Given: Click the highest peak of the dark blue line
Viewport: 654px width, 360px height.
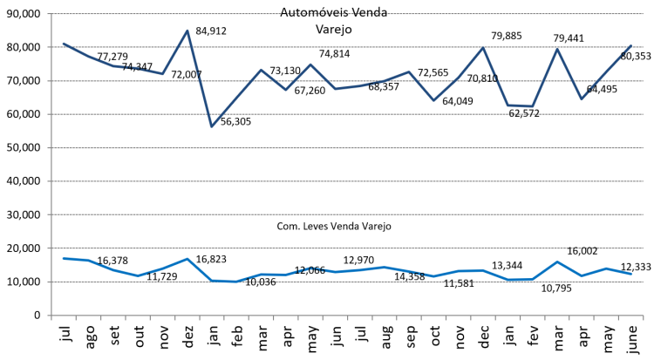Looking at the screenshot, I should pyautogui.click(x=187, y=31).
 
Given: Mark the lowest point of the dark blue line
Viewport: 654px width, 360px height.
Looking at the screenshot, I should pyautogui.click(x=211, y=126).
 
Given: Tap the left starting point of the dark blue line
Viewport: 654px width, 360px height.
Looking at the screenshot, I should pyautogui.click(x=63, y=43).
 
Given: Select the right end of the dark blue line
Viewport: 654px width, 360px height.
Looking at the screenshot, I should pyautogui.click(x=631, y=45).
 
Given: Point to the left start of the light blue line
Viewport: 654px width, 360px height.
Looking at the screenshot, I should pyautogui.click(x=63, y=258).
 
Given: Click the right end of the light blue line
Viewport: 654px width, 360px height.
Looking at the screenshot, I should pyautogui.click(x=631, y=274).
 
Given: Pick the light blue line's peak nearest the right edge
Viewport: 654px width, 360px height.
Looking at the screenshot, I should pyautogui.click(x=557, y=262).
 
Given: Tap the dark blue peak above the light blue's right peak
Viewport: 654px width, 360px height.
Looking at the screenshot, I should pyautogui.click(x=557, y=49).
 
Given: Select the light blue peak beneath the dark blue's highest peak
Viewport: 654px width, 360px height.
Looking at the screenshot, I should pyautogui.click(x=187, y=259).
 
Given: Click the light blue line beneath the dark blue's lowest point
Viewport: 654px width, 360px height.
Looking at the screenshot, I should pyautogui.click(x=211, y=280).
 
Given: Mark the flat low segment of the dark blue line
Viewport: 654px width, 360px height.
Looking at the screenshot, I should pyautogui.click(x=520, y=105).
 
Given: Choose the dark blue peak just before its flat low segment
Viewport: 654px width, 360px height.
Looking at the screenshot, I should pyautogui.click(x=483, y=47).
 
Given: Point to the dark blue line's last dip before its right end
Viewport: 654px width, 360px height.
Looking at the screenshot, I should pyautogui.click(x=582, y=99).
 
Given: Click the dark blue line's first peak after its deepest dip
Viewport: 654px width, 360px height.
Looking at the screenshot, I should pyautogui.click(x=261, y=69).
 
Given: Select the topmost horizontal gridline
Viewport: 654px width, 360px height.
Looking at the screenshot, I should pyautogui.click(x=349, y=14).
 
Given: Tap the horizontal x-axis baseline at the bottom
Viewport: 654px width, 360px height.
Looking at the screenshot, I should pyautogui.click(x=349, y=316).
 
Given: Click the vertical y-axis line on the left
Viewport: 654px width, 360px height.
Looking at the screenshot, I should pyautogui.click(x=51, y=166).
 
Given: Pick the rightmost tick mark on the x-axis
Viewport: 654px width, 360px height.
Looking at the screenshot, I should pyautogui.click(x=644, y=319).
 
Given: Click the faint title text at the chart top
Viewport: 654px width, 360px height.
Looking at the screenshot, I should pyautogui.click(x=334, y=14).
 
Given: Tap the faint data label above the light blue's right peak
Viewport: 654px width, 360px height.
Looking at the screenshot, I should pyautogui.click(x=582, y=249).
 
